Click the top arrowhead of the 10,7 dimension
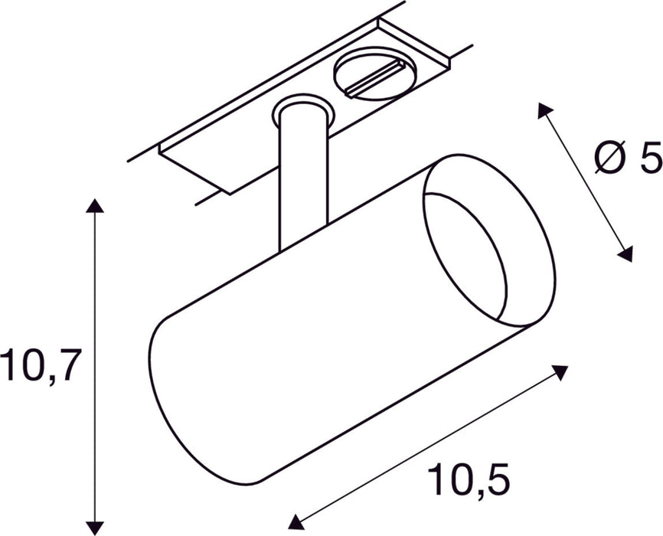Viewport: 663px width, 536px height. click(x=94, y=204)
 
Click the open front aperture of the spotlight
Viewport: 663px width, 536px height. click(x=468, y=253)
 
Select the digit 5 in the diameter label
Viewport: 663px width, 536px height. click(x=650, y=159)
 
